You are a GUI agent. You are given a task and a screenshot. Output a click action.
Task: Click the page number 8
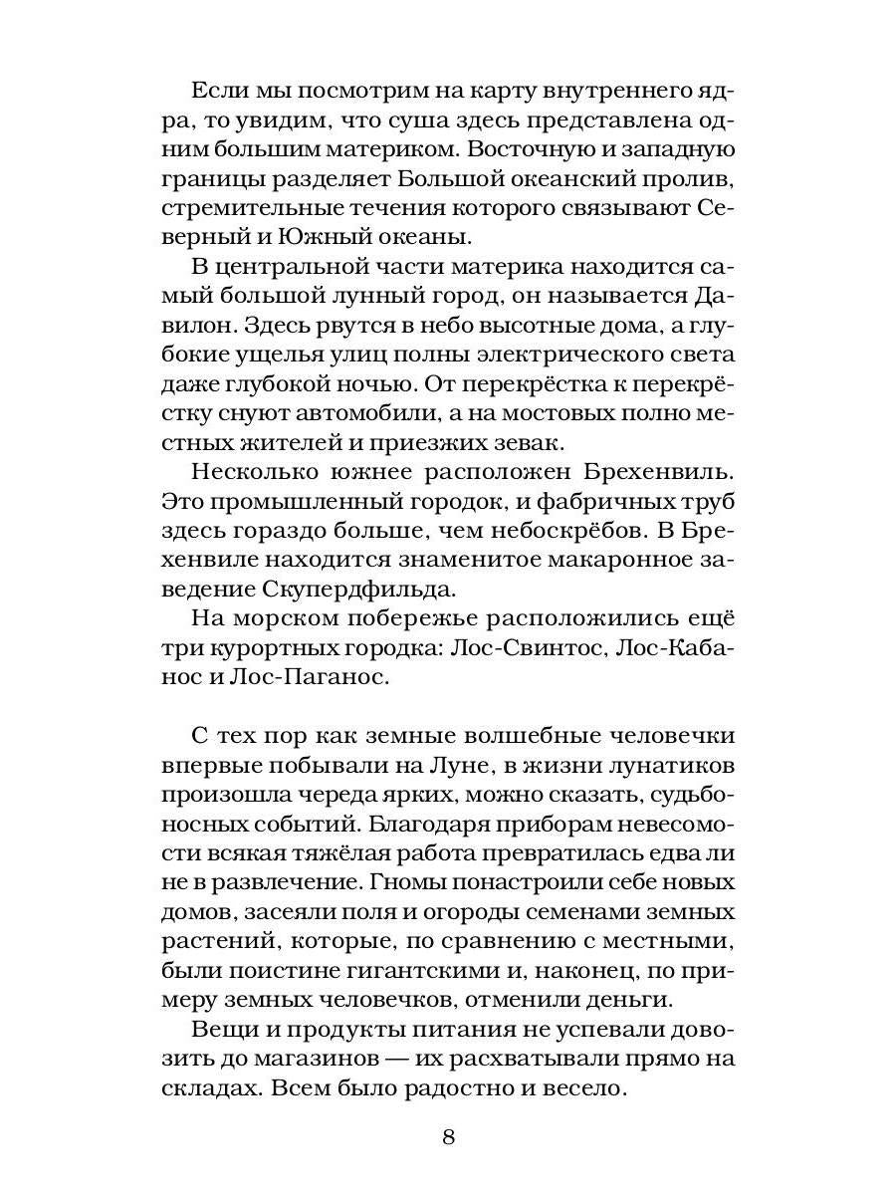447,1137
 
